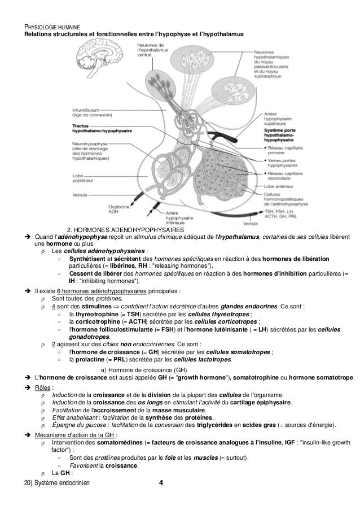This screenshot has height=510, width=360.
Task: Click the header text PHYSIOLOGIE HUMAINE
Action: [51, 27]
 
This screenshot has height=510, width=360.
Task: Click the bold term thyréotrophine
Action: [96, 314]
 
